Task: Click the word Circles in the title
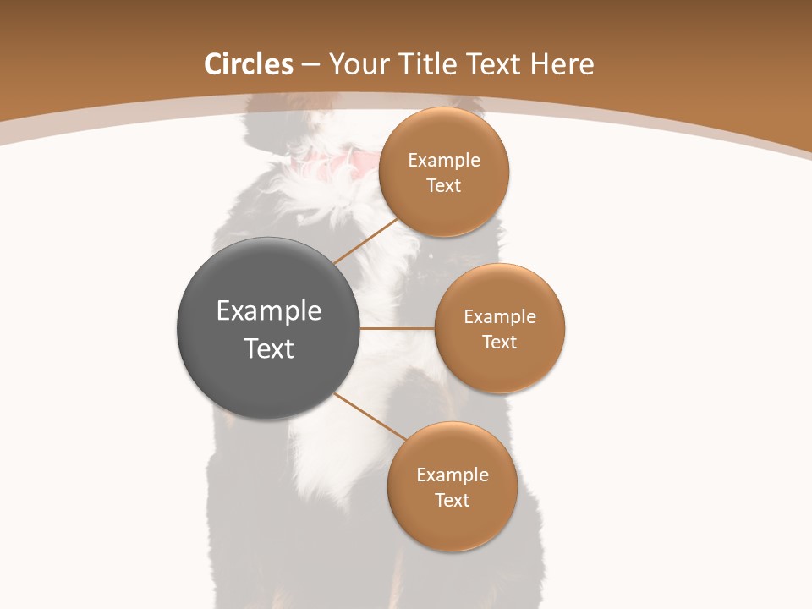(x=248, y=64)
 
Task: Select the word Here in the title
(x=562, y=64)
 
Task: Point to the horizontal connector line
(x=398, y=328)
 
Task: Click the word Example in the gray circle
(x=269, y=311)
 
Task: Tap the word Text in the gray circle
(x=269, y=348)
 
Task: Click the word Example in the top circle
(x=444, y=161)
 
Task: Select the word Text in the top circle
(x=444, y=186)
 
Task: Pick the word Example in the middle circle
(x=500, y=317)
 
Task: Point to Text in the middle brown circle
(x=500, y=343)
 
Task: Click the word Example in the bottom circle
(x=453, y=475)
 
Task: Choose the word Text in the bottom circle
(x=453, y=501)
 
